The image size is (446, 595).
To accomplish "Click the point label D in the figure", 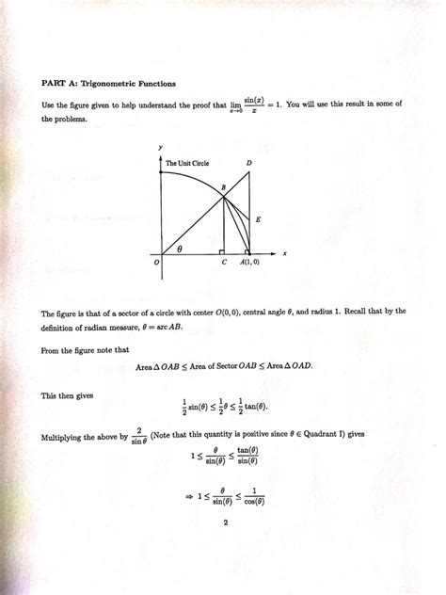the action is [x=248, y=164].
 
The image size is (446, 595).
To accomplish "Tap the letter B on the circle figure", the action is [x=223, y=188].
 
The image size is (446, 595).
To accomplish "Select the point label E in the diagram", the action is [x=258, y=218].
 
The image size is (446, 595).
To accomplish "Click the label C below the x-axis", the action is [x=224, y=263].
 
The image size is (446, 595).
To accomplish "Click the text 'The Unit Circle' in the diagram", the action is [x=187, y=164].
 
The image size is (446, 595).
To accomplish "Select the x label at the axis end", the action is [x=283, y=253].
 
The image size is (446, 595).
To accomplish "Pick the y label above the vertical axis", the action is [x=161, y=147].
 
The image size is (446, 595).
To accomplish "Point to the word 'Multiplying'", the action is [x=66, y=438].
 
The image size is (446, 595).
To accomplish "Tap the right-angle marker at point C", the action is [x=220, y=251].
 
